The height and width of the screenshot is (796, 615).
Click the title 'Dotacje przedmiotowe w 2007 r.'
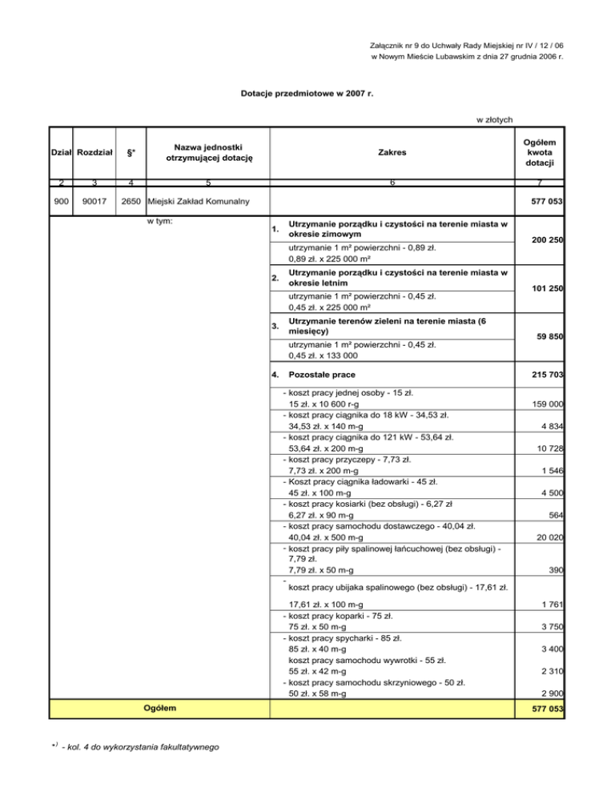pos(307,93)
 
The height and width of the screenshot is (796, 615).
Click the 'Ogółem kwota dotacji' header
pos(541,151)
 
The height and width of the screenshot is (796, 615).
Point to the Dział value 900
pos(61,199)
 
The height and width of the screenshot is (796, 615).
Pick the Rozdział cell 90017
pos(94,199)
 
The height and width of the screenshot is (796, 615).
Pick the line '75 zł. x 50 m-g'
pos(317,627)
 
